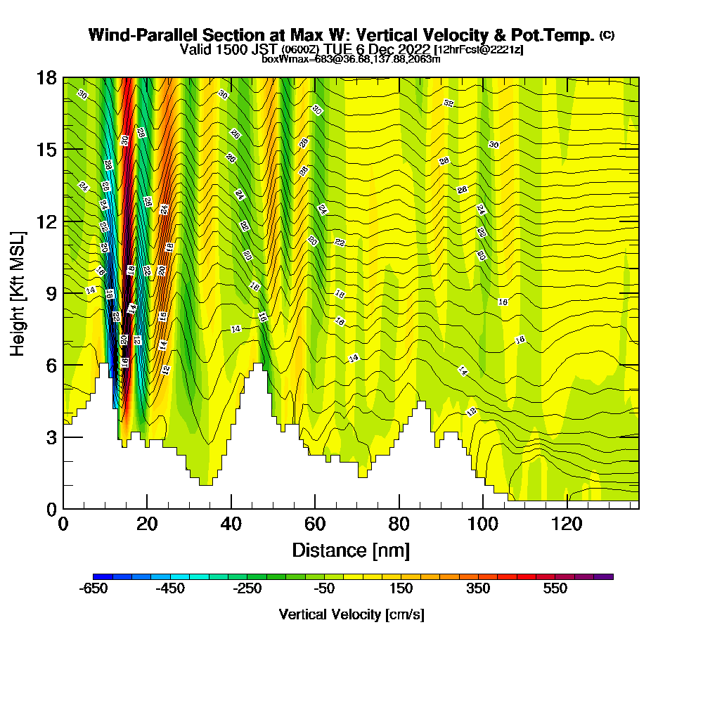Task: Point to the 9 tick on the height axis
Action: [x=51, y=293]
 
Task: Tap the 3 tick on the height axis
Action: [x=51, y=437]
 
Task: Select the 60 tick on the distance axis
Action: [x=315, y=524]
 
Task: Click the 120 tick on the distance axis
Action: [x=567, y=524]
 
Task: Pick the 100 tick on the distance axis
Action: [x=483, y=524]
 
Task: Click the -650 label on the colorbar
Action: [x=93, y=589]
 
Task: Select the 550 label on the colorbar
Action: [x=555, y=589]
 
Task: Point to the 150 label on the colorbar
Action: [x=401, y=589]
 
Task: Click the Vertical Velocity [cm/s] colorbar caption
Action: [x=351, y=614]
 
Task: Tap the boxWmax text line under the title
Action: [x=351, y=59]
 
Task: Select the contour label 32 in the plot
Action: [x=449, y=103]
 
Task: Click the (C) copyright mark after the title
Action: [x=607, y=35]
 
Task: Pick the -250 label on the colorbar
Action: [x=247, y=589]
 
